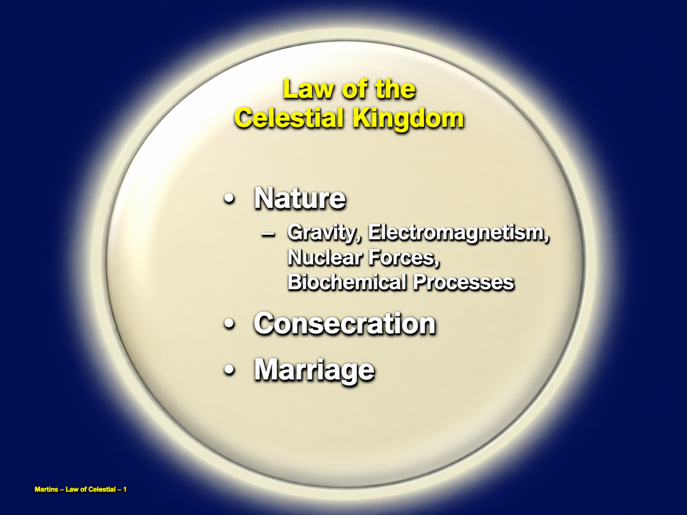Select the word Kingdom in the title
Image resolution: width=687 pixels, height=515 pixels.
tap(408, 120)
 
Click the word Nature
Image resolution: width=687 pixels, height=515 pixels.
tap(300, 198)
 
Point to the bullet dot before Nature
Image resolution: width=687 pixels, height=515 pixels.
tap(230, 200)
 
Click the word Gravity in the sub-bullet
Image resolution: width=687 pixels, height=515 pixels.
tap(324, 233)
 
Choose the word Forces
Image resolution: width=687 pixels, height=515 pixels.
tap(404, 258)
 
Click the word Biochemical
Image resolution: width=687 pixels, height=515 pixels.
tap(346, 282)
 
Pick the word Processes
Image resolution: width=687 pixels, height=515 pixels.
tap(463, 282)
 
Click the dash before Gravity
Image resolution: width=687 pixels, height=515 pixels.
tap(268, 235)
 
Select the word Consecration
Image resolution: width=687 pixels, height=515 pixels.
tap(344, 323)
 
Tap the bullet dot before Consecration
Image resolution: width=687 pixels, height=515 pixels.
tap(230, 324)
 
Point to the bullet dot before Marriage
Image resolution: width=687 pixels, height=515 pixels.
tap(230, 370)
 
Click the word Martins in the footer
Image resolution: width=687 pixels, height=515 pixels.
tap(46, 489)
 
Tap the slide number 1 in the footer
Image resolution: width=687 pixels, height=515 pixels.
tap(125, 489)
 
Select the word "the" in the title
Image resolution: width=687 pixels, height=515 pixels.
tap(396, 90)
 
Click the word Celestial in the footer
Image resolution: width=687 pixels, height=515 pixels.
tap(102, 489)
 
